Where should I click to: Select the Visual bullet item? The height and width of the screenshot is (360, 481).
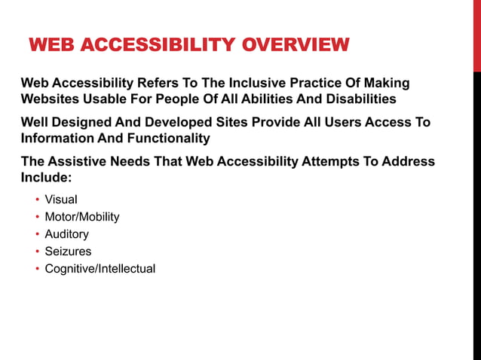coord(61,200)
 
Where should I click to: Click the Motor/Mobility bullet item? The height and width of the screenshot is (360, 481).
coord(82,217)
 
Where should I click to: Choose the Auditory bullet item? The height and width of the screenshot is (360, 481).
coord(66,234)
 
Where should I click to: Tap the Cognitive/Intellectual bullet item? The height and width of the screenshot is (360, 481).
coord(100,269)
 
